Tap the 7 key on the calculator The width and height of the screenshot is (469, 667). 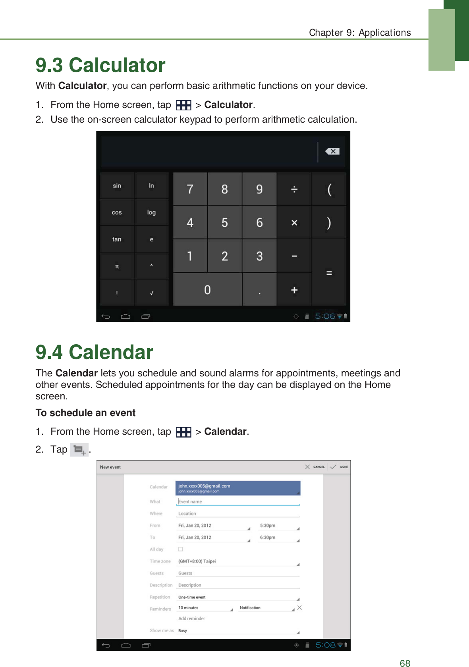190,189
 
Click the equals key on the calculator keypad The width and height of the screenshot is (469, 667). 329,273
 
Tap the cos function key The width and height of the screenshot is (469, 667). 117,212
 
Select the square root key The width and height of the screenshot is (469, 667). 151,293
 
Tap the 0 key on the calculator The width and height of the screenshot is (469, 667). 207,290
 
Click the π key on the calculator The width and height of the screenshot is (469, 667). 117,266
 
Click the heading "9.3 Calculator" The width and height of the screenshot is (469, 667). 100,65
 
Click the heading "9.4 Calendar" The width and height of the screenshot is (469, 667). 95,352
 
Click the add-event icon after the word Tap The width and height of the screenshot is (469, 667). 79,450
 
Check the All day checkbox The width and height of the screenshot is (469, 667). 180,549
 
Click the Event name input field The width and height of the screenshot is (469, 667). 237,502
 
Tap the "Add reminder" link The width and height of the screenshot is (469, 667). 191,619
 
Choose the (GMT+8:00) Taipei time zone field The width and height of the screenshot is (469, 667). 237,561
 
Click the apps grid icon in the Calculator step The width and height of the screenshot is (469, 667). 183,105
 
